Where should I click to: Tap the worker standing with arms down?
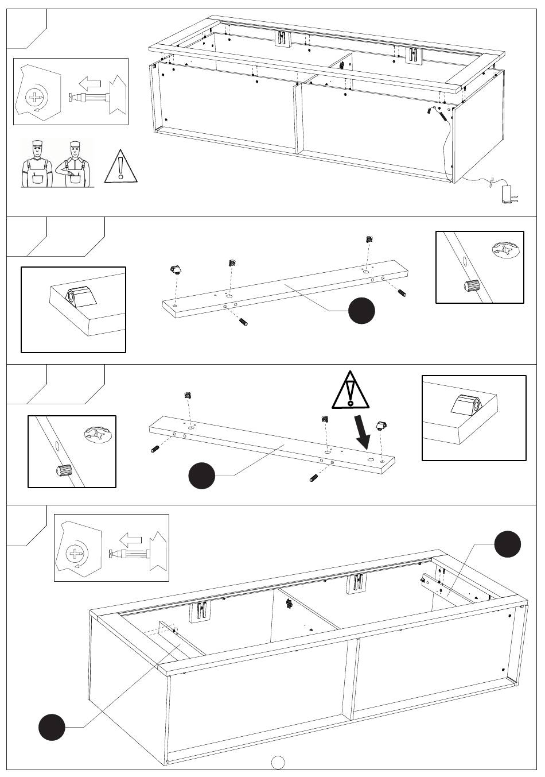36,164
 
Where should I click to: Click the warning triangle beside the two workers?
120,167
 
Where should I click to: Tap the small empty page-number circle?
278,761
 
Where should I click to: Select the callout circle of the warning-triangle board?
202,476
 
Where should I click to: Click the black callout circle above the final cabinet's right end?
508,544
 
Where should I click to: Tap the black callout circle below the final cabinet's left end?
52,726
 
